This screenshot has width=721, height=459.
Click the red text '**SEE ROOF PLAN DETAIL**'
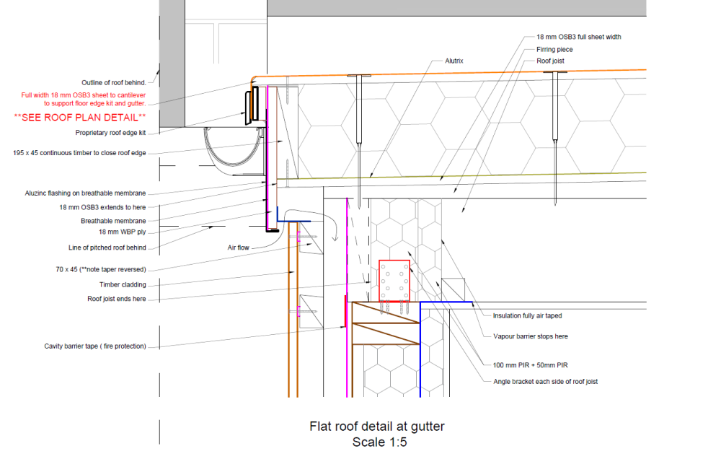(x=80, y=118)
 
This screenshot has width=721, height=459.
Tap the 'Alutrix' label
(x=454, y=61)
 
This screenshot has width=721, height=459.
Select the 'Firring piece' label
(x=554, y=49)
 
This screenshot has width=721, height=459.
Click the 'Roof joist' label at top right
(x=550, y=61)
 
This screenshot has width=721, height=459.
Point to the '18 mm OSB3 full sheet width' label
(x=578, y=37)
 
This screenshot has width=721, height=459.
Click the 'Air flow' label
(x=238, y=248)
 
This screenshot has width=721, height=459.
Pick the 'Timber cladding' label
(x=123, y=284)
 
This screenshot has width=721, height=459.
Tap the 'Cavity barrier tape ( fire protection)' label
(x=95, y=346)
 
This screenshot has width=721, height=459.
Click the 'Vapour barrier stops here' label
(x=530, y=336)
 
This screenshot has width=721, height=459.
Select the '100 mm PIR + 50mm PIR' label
(x=530, y=365)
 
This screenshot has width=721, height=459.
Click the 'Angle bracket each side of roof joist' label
(x=545, y=381)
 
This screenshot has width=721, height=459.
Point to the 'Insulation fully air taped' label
(x=527, y=315)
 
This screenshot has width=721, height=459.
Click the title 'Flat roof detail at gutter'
(x=377, y=427)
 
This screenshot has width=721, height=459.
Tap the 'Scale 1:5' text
(x=379, y=442)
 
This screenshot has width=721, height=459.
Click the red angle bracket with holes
(x=394, y=281)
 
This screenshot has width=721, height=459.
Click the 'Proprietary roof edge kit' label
(x=110, y=133)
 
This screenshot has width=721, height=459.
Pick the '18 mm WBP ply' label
(x=123, y=232)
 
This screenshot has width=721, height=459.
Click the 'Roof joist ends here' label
(x=116, y=299)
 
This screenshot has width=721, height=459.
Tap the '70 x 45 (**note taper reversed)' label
(x=101, y=269)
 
